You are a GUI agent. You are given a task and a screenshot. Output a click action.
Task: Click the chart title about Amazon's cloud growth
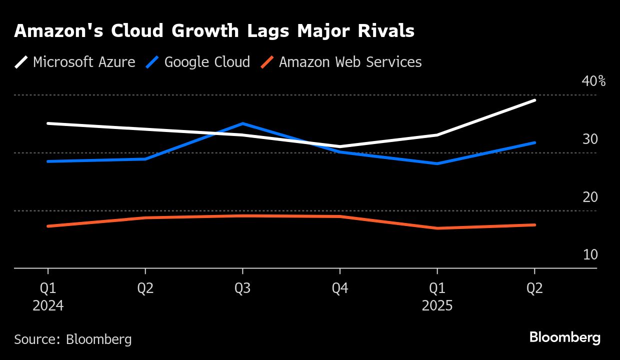coord(214,31)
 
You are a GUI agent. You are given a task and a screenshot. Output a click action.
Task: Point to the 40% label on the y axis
coord(593,81)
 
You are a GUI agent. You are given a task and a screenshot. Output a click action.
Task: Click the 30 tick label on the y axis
coord(590,139)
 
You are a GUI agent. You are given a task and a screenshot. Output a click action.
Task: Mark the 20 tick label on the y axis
coord(590,197)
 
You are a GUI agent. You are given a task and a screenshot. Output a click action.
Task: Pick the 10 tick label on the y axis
coord(590,255)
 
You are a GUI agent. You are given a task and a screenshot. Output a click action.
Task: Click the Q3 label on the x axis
coord(242,289)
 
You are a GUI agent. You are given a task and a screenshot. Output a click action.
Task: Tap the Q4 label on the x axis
coord(340,289)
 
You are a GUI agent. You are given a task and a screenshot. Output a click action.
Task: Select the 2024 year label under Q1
coord(48,305)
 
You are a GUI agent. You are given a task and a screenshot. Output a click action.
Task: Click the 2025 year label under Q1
coord(437,305)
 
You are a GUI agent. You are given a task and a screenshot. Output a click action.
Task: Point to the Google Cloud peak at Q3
coord(242,123)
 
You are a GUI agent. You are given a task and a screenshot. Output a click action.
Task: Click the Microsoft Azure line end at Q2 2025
coord(534,100)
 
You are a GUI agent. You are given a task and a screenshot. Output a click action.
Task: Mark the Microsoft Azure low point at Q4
coord(340,146)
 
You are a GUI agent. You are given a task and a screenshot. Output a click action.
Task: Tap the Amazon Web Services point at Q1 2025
coord(437,228)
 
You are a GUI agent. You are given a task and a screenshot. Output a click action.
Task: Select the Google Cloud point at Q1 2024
coord(48,161)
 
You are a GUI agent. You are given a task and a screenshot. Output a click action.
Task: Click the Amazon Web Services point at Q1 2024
coord(48,226)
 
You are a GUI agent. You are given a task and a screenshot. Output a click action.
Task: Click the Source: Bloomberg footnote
coord(73,339)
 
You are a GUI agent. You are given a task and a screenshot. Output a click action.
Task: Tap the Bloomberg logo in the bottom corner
coord(565,337)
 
